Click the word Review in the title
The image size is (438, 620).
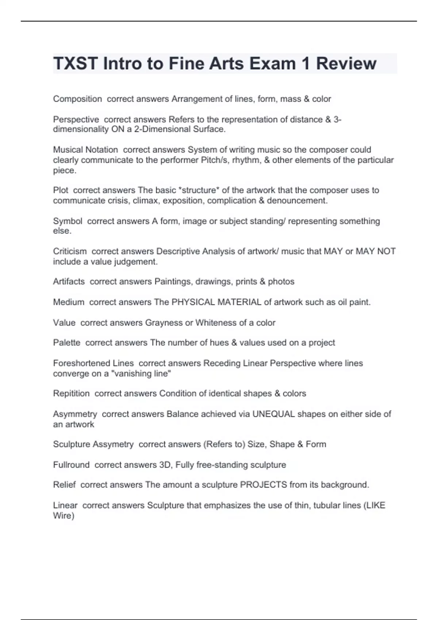tap(346, 63)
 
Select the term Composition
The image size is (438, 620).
tap(77, 99)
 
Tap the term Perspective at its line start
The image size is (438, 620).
tap(76, 119)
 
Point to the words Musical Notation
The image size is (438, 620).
tap(85, 150)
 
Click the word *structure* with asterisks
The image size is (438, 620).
tap(199, 190)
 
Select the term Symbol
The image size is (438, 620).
tap(68, 221)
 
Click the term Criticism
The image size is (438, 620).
tap(70, 251)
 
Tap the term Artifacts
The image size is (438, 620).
tap(69, 282)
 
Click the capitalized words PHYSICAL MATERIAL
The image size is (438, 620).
tap(216, 302)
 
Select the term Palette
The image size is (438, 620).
tap(66, 343)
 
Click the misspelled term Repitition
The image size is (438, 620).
tap(71, 394)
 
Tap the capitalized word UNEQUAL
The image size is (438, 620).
tap(273, 414)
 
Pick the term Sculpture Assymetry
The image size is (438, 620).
tap(93, 444)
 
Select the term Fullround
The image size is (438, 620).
tap(71, 465)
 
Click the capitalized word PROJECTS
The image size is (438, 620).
tap(263, 485)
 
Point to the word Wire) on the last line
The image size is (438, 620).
tap(64, 516)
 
